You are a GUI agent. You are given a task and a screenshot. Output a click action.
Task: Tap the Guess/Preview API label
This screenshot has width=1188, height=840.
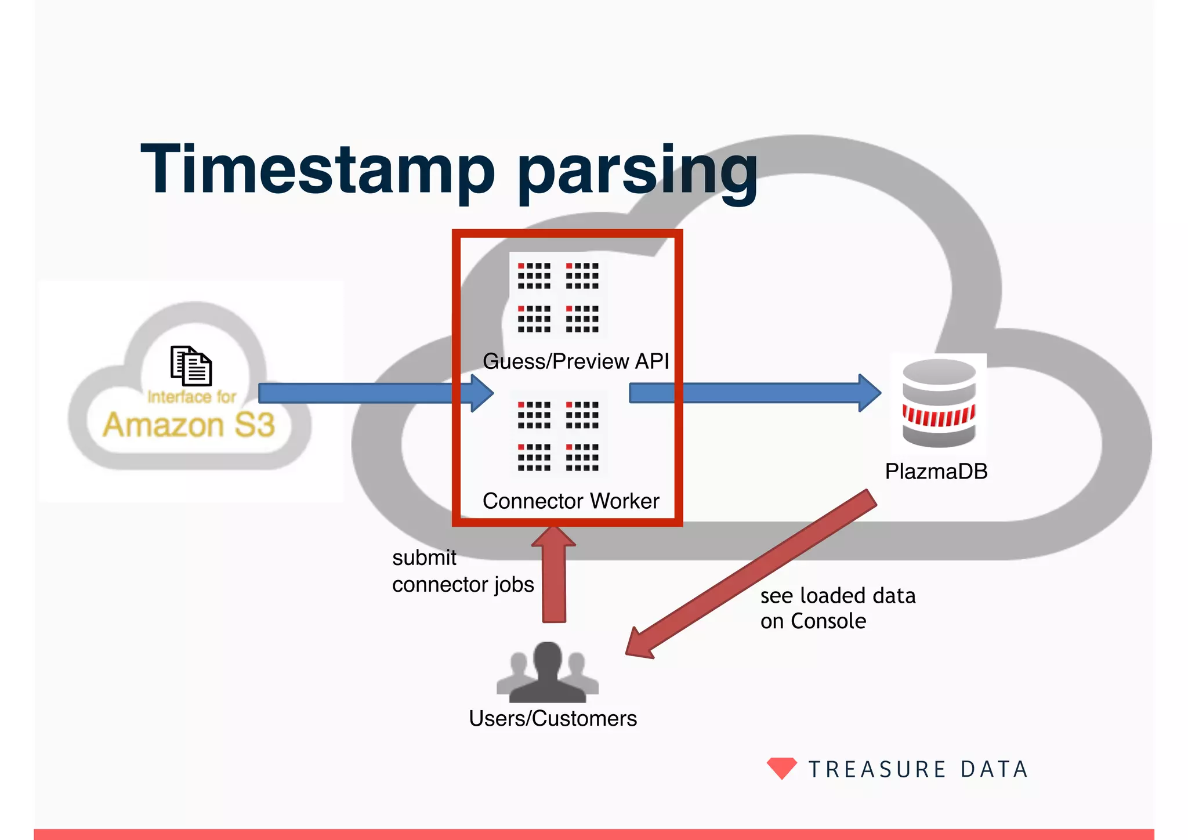click(x=575, y=361)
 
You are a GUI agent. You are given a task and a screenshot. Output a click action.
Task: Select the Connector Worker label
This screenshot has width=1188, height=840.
click(x=571, y=501)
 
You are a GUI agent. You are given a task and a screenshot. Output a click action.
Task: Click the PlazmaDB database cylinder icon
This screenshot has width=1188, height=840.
click(x=939, y=403)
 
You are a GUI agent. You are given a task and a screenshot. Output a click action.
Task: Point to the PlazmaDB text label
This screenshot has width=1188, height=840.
click(x=936, y=472)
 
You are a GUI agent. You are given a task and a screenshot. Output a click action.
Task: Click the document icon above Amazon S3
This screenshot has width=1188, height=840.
click(x=191, y=365)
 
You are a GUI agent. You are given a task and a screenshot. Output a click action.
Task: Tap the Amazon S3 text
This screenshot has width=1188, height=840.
click(x=189, y=425)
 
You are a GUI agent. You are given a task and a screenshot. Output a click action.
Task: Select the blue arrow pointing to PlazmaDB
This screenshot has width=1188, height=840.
click(x=754, y=393)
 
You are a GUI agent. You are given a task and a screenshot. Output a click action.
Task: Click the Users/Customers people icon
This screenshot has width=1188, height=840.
click(x=548, y=673)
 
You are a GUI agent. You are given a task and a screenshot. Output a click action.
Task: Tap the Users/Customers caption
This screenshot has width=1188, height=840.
click(x=552, y=719)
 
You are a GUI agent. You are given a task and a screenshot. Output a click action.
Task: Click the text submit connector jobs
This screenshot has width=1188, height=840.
click(x=462, y=571)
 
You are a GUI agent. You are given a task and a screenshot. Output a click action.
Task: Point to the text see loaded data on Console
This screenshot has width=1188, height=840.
click(x=837, y=609)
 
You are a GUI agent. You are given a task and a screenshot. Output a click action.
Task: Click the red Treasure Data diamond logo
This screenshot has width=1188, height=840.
click(x=781, y=767)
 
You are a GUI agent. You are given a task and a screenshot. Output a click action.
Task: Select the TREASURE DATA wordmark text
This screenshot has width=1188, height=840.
click(x=918, y=770)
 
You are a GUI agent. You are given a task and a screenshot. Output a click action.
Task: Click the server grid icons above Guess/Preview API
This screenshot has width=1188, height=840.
click(x=558, y=296)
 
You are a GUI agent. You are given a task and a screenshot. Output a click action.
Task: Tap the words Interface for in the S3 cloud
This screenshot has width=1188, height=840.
click(x=191, y=397)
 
